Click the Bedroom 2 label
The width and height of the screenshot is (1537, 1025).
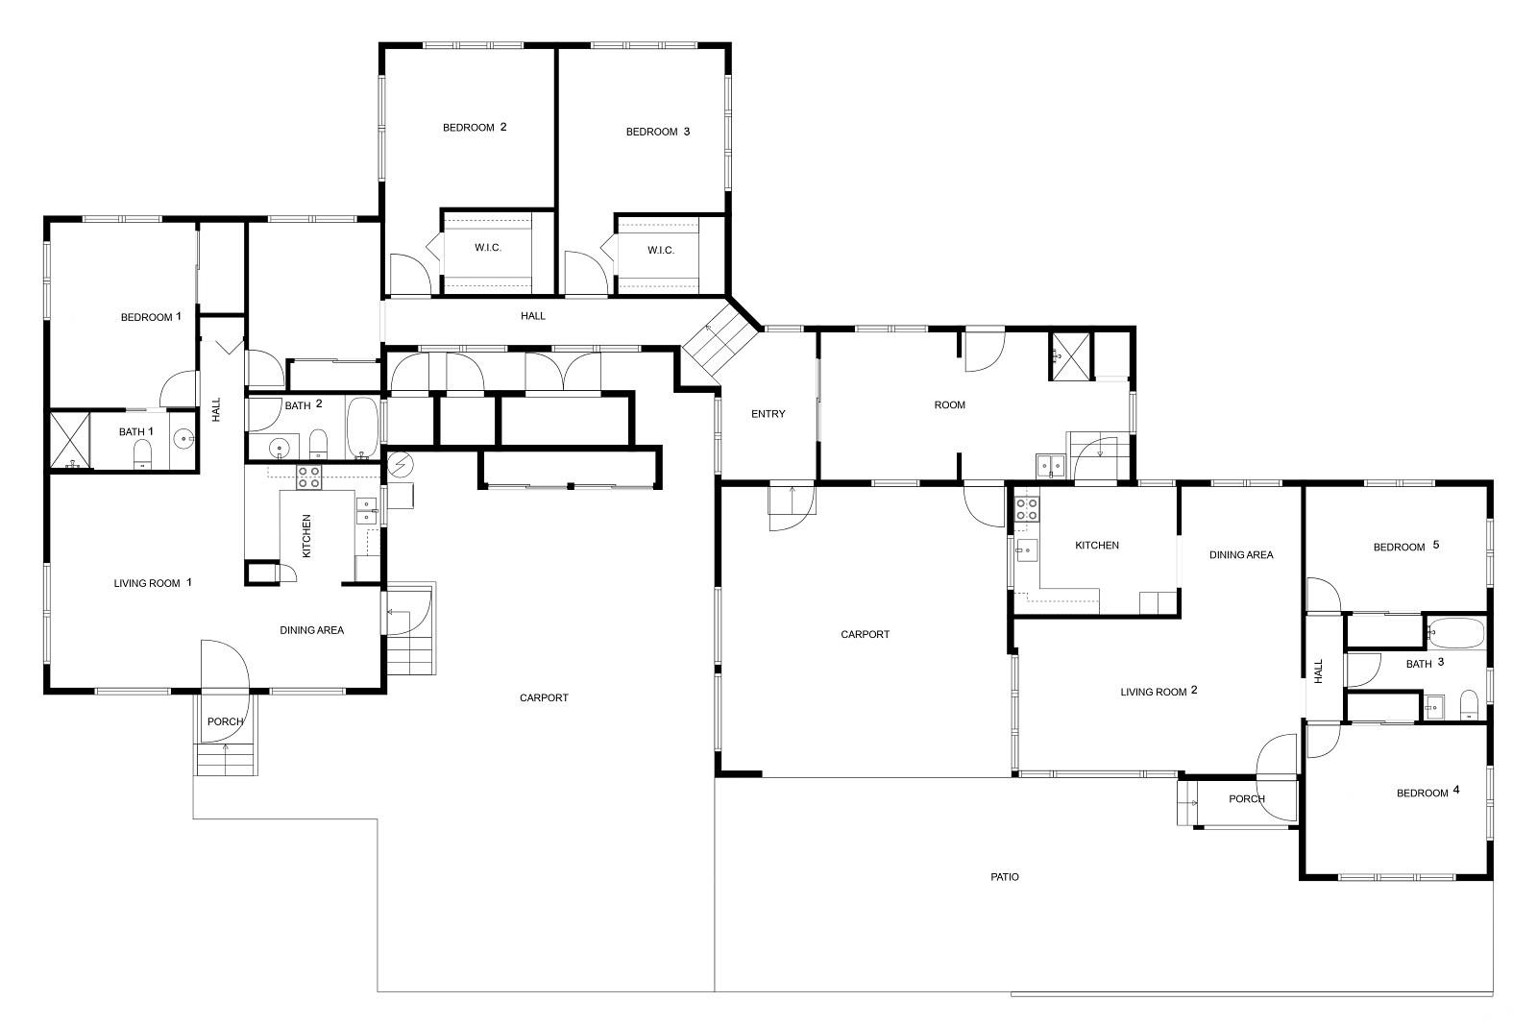pyautogui.click(x=475, y=127)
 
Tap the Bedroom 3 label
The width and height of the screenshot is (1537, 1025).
pyautogui.click(x=657, y=131)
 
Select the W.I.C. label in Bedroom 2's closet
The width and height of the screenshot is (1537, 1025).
pyautogui.click(x=488, y=248)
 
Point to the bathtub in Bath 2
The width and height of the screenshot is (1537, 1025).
pyautogui.click(x=362, y=427)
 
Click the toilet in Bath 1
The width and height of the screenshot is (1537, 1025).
pyautogui.click(x=142, y=452)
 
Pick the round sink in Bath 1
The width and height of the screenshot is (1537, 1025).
pyautogui.click(x=183, y=438)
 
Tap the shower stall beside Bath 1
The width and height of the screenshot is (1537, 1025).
pyautogui.click(x=70, y=440)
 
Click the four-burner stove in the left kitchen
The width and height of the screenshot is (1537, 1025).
pyautogui.click(x=308, y=476)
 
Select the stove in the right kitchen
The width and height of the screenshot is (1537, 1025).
pyautogui.click(x=1027, y=508)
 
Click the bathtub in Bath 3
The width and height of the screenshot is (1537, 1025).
pyautogui.click(x=1456, y=632)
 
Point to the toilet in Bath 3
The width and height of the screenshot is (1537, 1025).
pyautogui.click(x=1469, y=704)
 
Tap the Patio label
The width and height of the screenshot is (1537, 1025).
pyautogui.click(x=1005, y=877)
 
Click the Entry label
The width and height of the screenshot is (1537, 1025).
pyautogui.click(x=768, y=414)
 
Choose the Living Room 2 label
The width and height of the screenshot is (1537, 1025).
pyautogui.click(x=1159, y=691)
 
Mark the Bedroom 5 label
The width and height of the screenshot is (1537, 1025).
pyautogui.click(x=1406, y=546)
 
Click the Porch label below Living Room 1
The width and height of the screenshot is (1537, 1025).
pyautogui.click(x=225, y=721)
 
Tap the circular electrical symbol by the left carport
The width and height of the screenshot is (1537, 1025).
pyautogui.click(x=400, y=466)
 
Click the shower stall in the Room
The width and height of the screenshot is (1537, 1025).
pyautogui.click(x=1070, y=355)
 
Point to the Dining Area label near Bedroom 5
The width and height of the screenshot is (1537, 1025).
pyautogui.click(x=1240, y=554)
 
